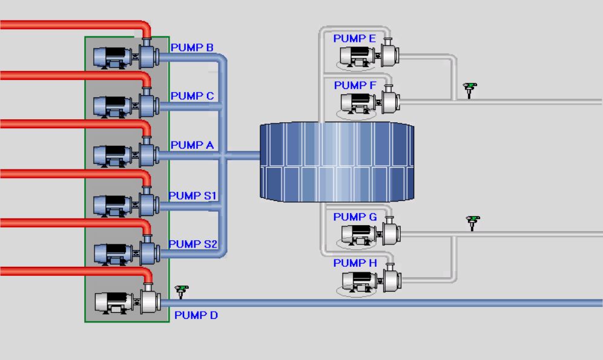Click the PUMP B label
(x=192, y=48)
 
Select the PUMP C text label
(x=192, y=96)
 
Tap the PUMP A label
(x=192, y=145)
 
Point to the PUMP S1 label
(x=193, y=195)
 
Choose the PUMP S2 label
(x=193, y=244)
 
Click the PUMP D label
(x=196, y=315)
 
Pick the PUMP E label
(x=355, y=39)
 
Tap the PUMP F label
(x=355, y=85)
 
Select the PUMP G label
(x=355, y=217)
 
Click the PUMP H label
(x=355, y=263)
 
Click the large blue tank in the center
(x=337, y=162)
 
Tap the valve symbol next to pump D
(x=182, y=291)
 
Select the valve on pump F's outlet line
(x=470, y=90)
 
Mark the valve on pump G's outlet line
(x=473, y=223)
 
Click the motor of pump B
(x=112, y=57)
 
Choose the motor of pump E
(x=357, y=57)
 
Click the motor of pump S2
(x=113, y=254)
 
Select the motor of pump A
(x=112, y=155)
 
